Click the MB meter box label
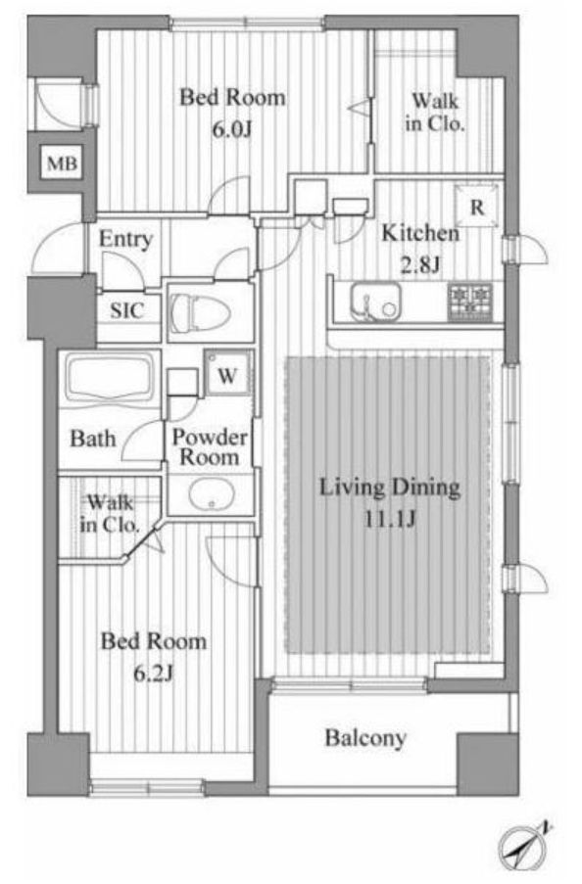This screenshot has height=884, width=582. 62,163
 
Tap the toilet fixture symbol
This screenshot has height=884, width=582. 201,312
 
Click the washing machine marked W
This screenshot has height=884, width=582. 227,373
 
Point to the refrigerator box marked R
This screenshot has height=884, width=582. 477,207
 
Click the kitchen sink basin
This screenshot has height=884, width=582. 375,302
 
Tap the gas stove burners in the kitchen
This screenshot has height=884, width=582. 470,302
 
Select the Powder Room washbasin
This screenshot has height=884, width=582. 212,495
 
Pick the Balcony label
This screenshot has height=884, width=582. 365,738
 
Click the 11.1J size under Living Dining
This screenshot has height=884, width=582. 390,519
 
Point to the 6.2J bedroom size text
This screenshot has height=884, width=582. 153,674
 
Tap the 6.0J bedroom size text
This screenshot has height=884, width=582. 231,130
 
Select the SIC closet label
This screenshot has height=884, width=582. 126,310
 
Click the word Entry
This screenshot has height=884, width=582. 125,239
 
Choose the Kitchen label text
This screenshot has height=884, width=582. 420,232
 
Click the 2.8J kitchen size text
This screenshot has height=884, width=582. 420,265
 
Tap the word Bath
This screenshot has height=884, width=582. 92,438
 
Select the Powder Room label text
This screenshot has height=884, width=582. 210,447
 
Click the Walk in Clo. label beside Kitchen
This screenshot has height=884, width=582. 435,113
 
